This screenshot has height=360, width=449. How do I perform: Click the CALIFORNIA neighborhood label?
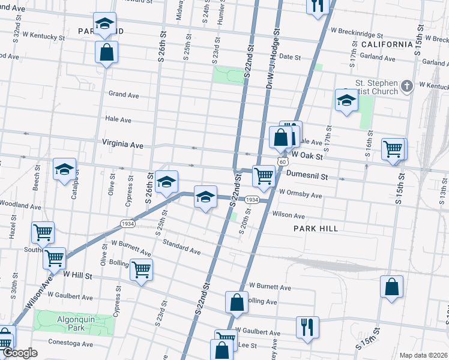coord(387,44)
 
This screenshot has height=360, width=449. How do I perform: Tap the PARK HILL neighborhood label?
coord(316,229)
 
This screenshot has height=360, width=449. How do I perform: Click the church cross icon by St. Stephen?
coord(408,86)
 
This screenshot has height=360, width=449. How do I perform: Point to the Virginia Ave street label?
coord(123,145)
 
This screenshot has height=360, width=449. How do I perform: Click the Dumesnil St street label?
coord(306,177)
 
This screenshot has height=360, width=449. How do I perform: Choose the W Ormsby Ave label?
coord(301,195)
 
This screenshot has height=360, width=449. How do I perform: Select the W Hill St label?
coord(77,275)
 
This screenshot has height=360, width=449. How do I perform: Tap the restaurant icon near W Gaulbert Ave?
coord(307,327)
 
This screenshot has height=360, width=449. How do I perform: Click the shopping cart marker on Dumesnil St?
coord(264,176)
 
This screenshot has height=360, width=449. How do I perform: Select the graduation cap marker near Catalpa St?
coord(64,170)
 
